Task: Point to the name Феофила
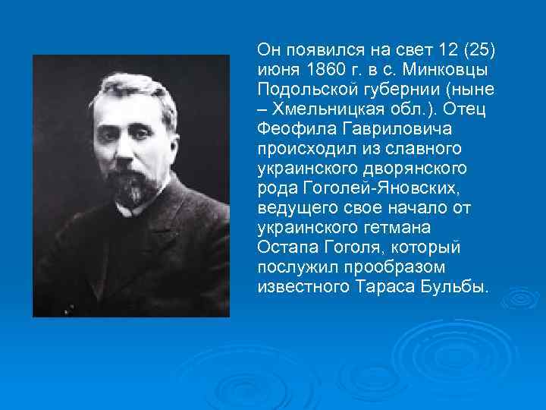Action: [x=287, y=129]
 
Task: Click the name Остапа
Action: [x=285, y=248]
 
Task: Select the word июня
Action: [x=277, y=70]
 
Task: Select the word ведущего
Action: [x=293, y=209]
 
